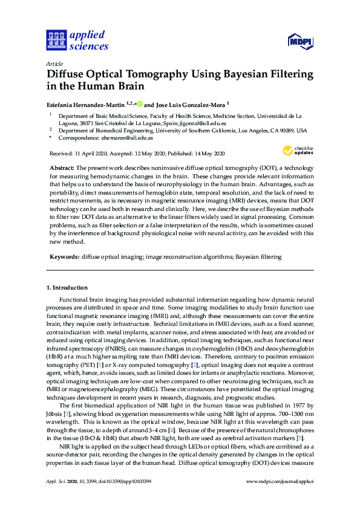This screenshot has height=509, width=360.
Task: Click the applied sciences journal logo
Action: tap(77, 41)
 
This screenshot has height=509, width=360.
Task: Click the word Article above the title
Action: tap(54, 63)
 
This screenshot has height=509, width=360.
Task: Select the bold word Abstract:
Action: tap(61, 167)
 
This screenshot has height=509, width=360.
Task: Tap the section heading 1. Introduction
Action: tap(67, 288)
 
